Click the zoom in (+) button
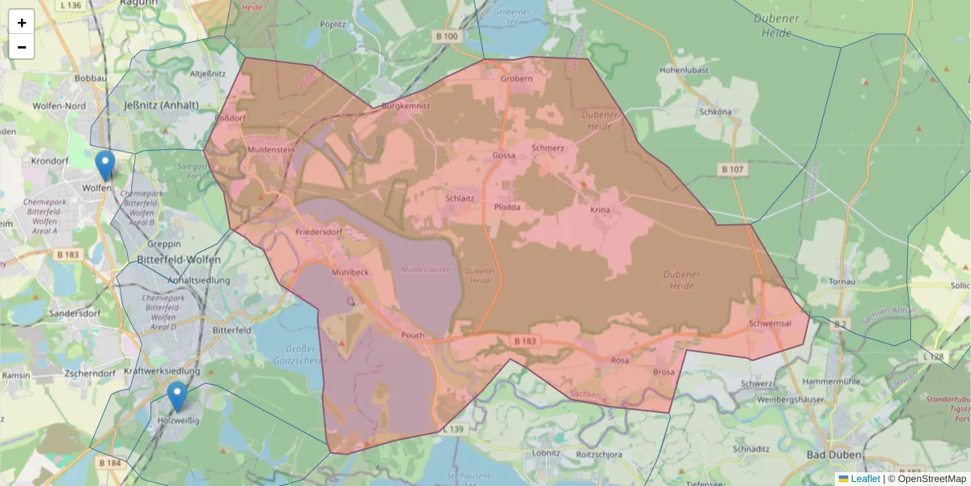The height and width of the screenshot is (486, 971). coord(22,23)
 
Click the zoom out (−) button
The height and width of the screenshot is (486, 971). coord(22,47)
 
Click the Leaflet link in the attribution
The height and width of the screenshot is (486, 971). coord(864,479)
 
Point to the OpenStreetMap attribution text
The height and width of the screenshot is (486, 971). coord(926,479)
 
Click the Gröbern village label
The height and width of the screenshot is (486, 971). coord(516,79)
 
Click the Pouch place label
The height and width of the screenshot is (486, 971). coord(412,335)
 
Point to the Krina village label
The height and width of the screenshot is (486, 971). coord(600,210)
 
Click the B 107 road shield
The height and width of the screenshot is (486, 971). coord(731,169)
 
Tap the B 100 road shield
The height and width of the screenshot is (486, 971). coord(446,36)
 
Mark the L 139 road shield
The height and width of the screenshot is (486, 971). coord(453,428)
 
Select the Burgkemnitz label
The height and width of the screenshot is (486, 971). coord(406,105)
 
